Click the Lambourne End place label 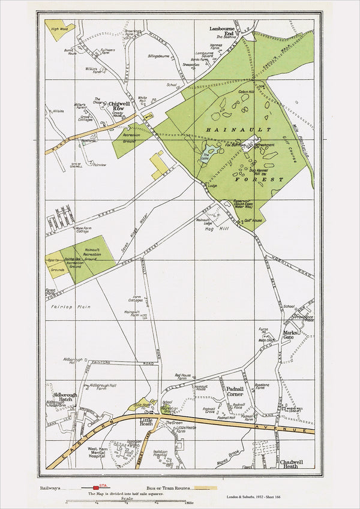221,31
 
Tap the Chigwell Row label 120,106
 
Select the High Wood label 59,29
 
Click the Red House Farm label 182,377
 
